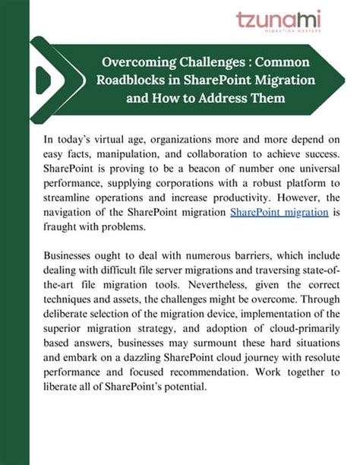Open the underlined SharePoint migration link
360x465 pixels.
(278, 213)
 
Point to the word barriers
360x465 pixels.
(229, 257)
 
